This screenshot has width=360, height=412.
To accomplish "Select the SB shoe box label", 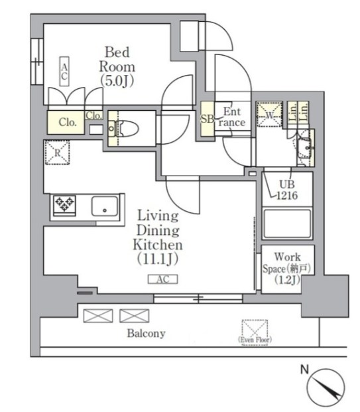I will [206, 119].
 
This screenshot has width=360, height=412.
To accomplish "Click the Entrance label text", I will [234, 117].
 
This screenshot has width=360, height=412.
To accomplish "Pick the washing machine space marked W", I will [269, 113].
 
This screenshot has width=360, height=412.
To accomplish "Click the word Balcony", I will [146, 333].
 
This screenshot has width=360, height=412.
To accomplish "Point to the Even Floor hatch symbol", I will [255, 330].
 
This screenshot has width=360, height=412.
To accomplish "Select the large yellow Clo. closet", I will [66, 122].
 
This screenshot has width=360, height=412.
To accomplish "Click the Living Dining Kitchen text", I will [157, 236].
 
